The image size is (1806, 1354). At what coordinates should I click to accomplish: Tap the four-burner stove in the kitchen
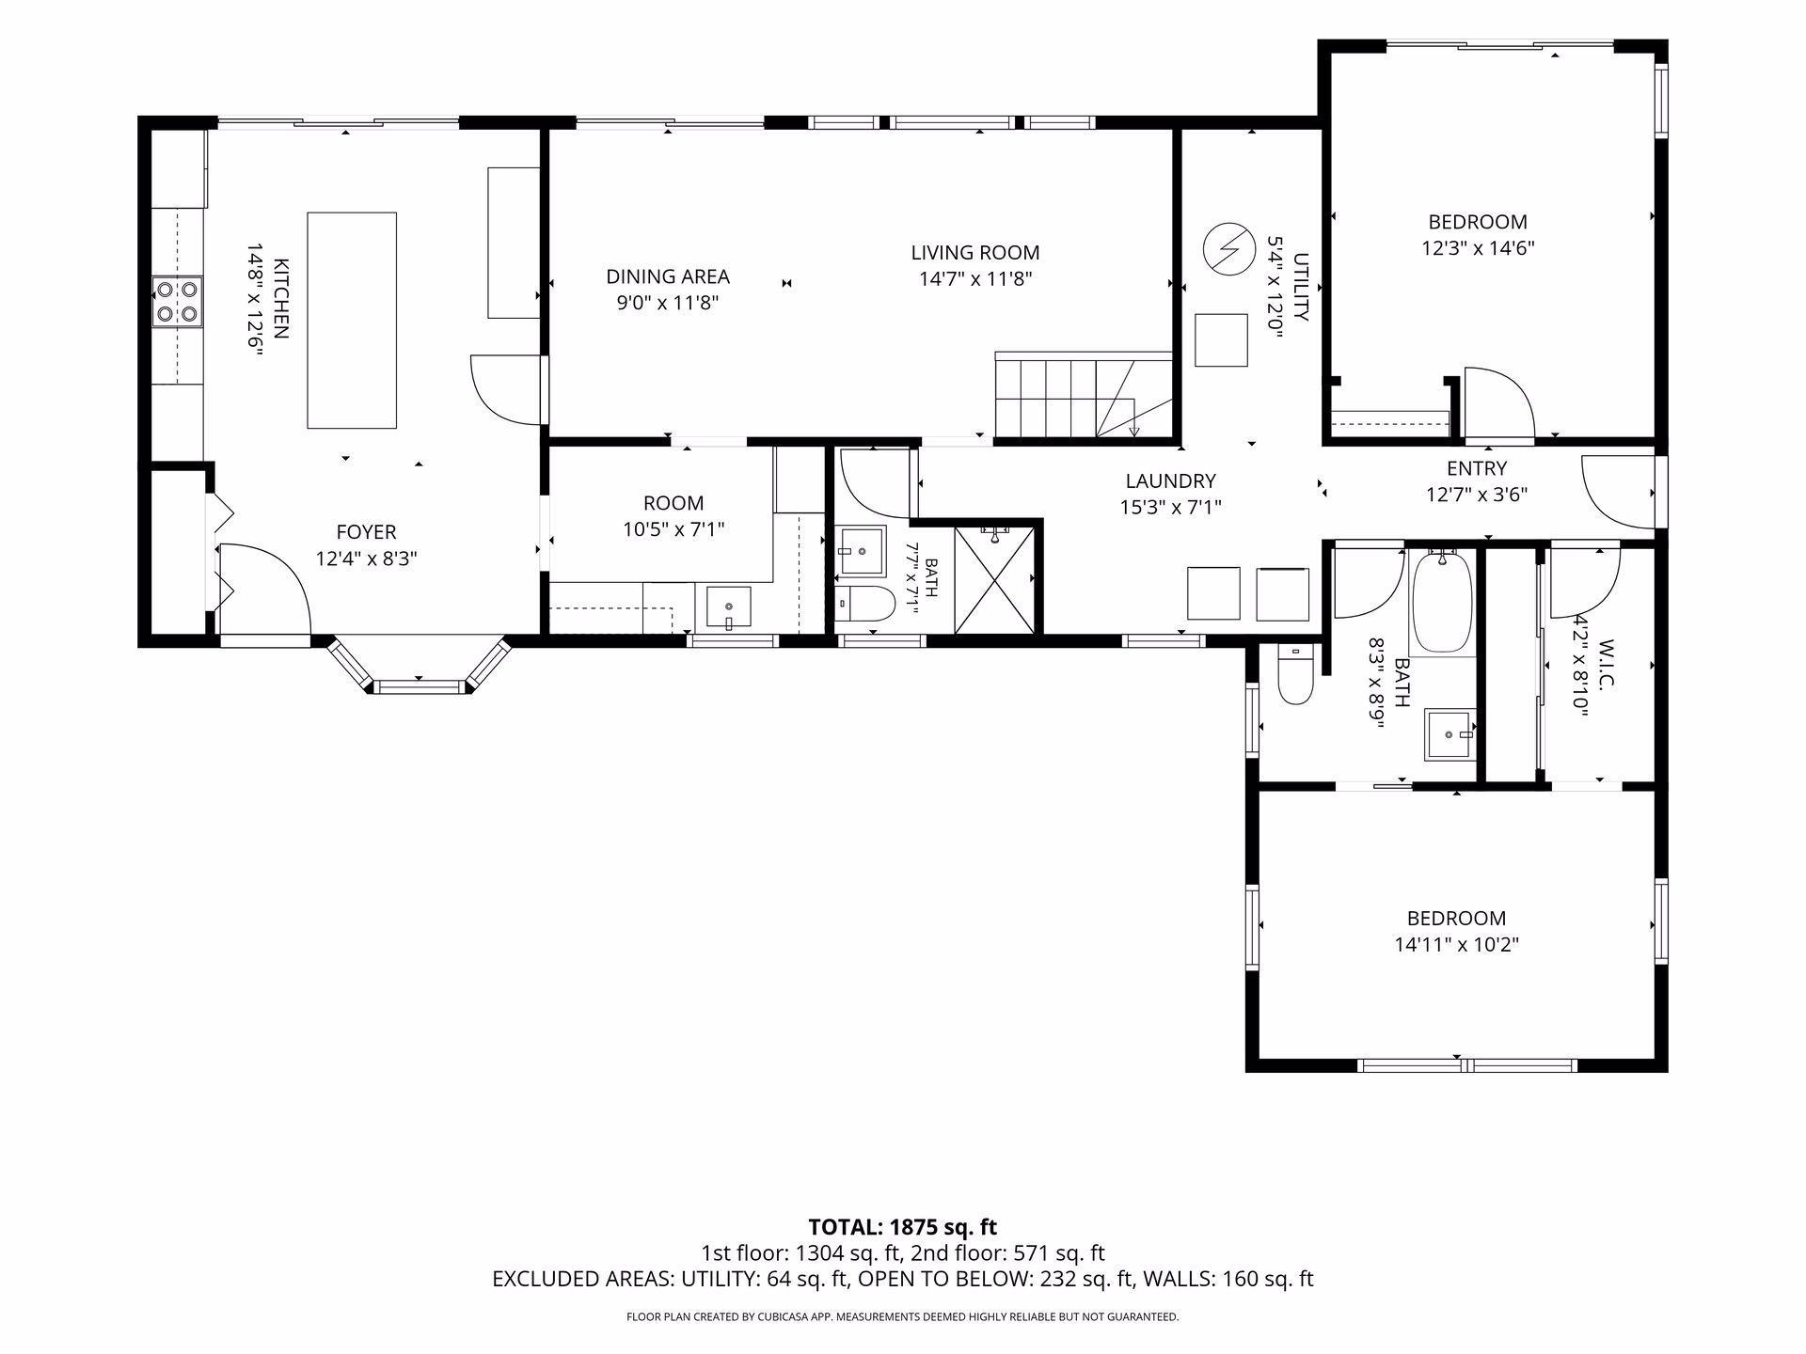[178, 302]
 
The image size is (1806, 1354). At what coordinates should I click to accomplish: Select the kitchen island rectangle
[352, 321]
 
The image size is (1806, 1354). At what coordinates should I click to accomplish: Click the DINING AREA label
[668, 276]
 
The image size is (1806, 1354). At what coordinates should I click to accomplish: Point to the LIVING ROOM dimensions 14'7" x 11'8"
[975, 278]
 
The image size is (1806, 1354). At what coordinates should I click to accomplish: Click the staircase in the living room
[1085, 395]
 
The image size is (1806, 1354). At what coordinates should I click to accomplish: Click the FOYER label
[366, 532]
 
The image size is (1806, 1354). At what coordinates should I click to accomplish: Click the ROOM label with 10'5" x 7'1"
[673, 503]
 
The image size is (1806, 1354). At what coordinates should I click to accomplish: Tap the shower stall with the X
[994, 579]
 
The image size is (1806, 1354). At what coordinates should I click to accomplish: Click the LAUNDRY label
[1170, 481]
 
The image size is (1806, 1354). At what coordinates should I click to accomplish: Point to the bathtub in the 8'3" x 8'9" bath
[1443, 602]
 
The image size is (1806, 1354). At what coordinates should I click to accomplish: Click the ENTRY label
[1477, 468]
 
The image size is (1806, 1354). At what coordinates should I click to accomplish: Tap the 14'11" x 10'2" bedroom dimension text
[1456, 944]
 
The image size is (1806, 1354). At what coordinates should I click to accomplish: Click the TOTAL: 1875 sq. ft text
[902, 1226]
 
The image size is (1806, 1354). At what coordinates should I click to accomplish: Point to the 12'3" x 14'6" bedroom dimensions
[1478, 248]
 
